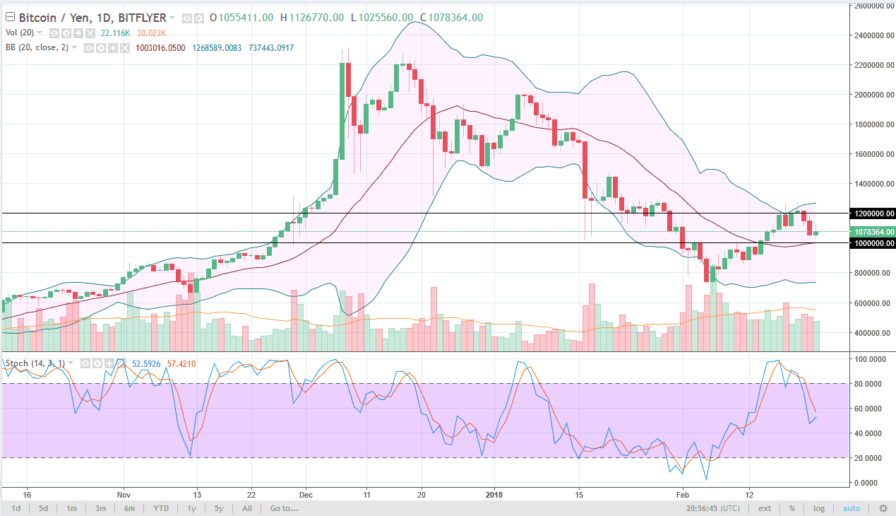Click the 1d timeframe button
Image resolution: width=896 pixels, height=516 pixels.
tap(16, 508)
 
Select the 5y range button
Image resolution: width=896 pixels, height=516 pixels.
tap(219, 508)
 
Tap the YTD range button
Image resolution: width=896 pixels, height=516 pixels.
tap(161, 508)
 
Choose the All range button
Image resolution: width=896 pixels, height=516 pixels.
tap(247, 508)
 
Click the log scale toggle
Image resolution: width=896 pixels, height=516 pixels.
tap(819, 508)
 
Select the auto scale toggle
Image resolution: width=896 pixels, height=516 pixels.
tap(852, 508)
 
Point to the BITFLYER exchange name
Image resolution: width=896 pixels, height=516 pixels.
tap(143, 17)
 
